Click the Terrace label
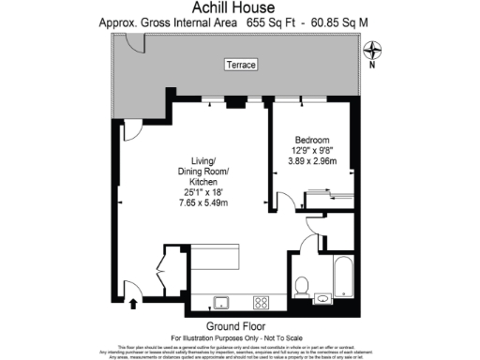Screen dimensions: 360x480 point(241,65)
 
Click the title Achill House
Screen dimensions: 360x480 point(239,7)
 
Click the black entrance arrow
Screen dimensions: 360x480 point(132,303)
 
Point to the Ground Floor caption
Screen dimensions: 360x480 point(240,325)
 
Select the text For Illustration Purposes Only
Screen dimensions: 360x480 point(211,336)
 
